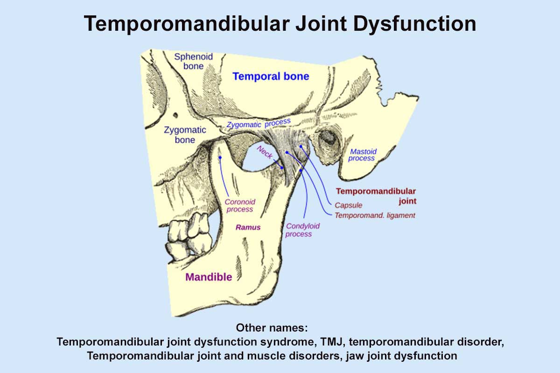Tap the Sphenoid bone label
(x=193, y=61)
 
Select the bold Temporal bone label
(x=271, y=76)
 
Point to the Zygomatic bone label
(x=179, y=135)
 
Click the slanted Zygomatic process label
(x=259, y=124)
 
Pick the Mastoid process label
(x=363, y=155)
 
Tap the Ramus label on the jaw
(x=248, y=228)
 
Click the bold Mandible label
(x=209, y=277)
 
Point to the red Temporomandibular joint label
(x=376, y=196)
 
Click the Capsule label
(x=349, y=205)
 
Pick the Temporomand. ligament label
(x=375, y=215)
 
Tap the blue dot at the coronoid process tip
(x=219, y=159)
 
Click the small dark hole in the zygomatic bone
(x=176, y=115)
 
